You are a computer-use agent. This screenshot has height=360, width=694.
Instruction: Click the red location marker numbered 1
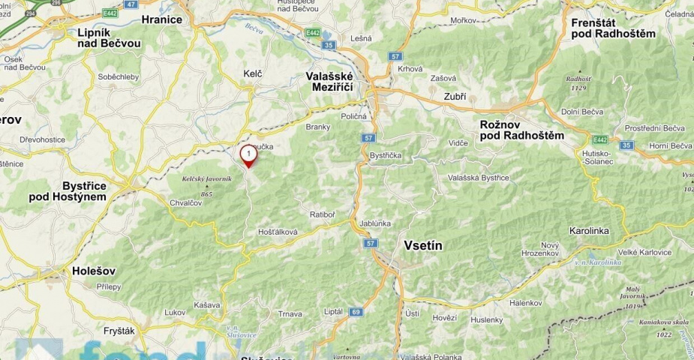(248, 155)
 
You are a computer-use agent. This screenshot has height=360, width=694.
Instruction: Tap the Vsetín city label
(423, 245)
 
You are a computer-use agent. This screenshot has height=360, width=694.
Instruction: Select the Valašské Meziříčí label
(335, 81)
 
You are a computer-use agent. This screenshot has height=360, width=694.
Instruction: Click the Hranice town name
(161, 19)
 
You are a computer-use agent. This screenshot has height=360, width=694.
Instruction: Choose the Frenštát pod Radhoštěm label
(613, 28)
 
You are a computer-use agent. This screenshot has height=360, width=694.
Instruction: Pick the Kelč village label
(253, 73)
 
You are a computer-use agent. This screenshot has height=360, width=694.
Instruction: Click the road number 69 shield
(356, 311)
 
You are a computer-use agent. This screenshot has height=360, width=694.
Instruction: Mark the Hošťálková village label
(278, 232)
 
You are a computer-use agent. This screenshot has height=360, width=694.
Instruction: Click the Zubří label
(455, 97)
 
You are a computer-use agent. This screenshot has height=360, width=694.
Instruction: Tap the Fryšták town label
(119, 330)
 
